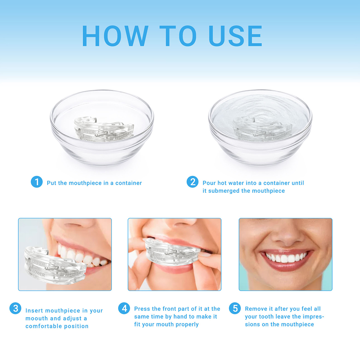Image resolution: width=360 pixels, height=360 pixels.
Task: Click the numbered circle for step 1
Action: [x=37, y=182]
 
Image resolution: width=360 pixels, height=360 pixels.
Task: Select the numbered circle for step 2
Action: [x=192, y=182]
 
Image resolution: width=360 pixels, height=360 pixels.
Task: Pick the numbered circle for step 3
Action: [x=15, y=308]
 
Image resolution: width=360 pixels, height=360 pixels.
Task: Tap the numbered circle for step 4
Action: [x=124, y=308]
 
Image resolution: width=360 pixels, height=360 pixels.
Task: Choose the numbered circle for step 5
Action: [x=235, y=308]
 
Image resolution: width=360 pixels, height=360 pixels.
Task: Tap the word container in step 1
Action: [x=128, y=183]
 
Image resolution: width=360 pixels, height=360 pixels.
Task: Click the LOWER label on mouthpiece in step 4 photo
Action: [x=159, y=259]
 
